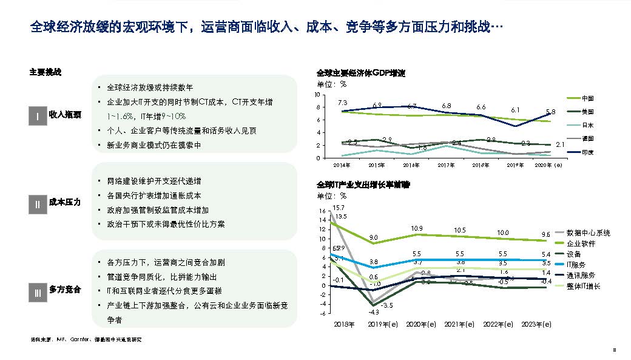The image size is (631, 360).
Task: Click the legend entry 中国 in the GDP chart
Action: tap(587, 98)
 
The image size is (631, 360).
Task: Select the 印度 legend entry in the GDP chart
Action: tap(587, 152)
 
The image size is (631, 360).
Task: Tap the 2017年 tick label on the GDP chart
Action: tap(446, 165)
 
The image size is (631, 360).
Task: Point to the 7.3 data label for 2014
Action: tap(342, 103)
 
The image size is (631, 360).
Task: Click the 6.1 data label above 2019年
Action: tap(515, 110)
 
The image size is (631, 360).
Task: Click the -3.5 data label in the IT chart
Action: tap(387, 305)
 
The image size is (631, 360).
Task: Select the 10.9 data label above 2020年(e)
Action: tap(416, 229)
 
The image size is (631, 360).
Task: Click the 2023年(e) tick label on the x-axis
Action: tap(536, 325)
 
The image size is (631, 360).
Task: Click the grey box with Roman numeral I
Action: tap(38, 116)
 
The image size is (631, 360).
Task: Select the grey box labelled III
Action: tap(38, 294)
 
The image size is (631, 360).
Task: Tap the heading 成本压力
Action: tap(65, 201)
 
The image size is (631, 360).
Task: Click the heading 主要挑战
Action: tap(46, 72)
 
